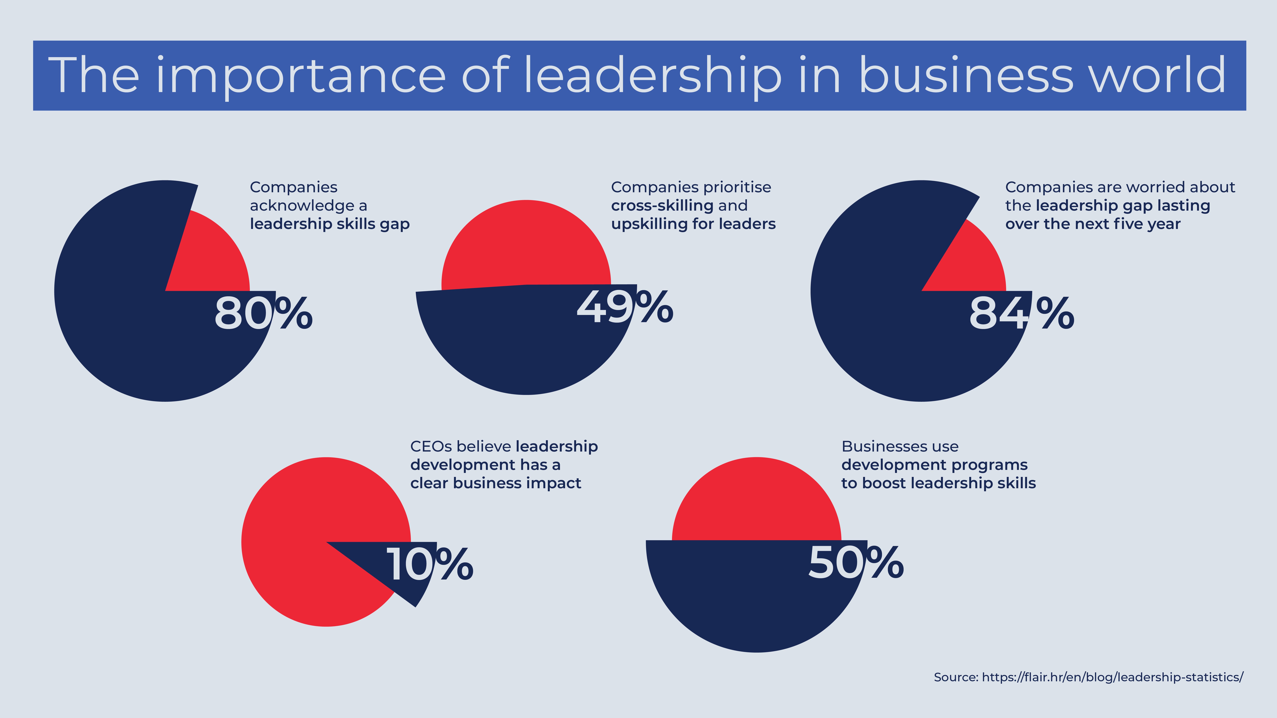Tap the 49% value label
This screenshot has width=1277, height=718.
(x=625, y=307)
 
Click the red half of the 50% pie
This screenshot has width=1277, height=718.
(x=756, y=501)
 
